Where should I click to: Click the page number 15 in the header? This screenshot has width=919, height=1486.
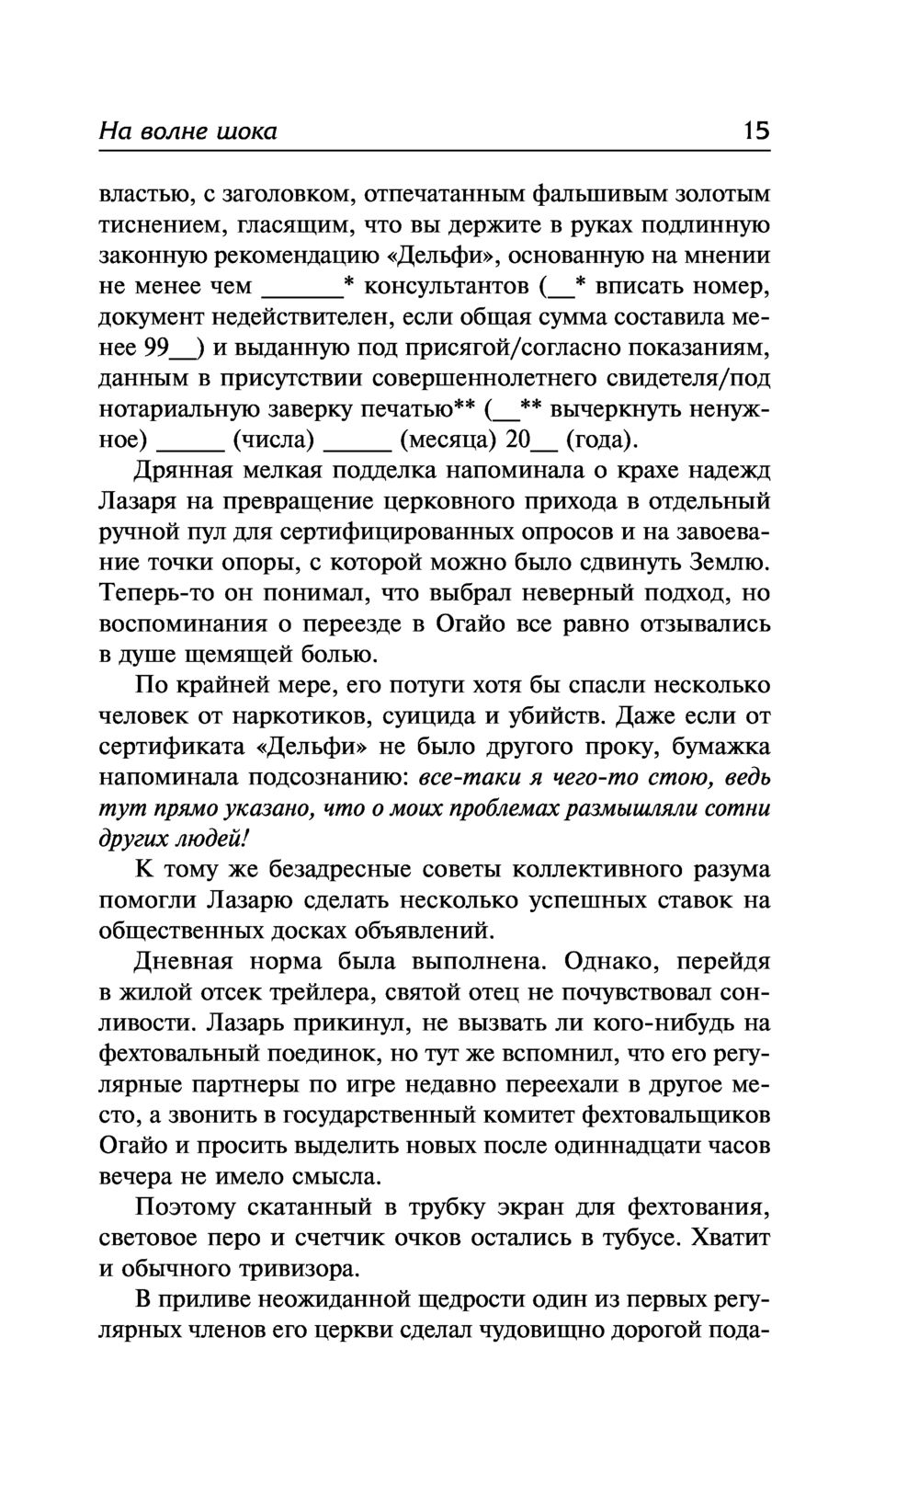(x=756, y=131)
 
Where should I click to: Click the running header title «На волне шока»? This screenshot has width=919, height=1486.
(x=187, y=131)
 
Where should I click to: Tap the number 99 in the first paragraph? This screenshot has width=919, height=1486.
(x=156, y=349)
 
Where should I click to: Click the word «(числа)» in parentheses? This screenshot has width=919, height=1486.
(x=274, y=440)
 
